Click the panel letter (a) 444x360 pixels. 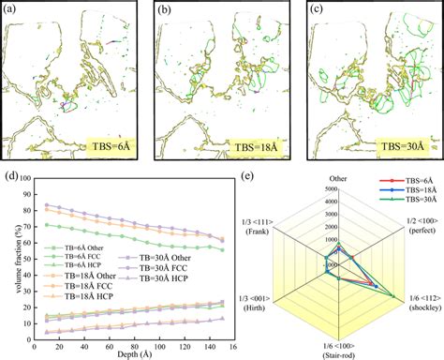pos(11,11)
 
